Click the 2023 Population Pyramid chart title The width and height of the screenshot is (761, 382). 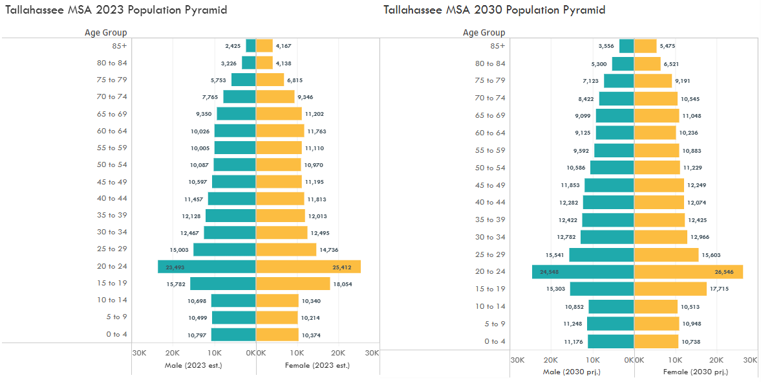click(x=116, y=10)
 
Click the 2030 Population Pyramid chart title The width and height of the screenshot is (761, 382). click(x=494, y=10)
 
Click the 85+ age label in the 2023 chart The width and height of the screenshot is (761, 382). click(x=118, y=46)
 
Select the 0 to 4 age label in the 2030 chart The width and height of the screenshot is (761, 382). click(x=495, y=341)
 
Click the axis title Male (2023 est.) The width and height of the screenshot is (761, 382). click(x=193, y=365)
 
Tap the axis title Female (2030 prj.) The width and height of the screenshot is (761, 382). click(x=695, y=372)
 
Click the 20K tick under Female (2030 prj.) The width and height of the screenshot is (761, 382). click(x=716, y=359)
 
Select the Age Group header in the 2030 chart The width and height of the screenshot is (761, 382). click(x=484, y=32)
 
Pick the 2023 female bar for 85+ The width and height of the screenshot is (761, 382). click(x=264, y=46)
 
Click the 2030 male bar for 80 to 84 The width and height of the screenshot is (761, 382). click(x=623, y=63)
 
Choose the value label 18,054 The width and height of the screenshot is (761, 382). click(x=342, y=284)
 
